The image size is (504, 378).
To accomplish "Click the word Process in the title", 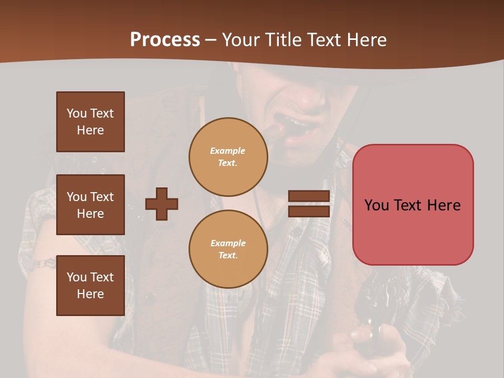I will click(165, 40).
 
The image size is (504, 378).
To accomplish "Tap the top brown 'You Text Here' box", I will click(90, 122).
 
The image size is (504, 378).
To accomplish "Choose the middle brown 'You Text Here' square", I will click(90, 205).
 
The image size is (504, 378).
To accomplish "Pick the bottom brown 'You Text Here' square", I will click(90, 286).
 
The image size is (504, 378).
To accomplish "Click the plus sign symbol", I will click(162, 204).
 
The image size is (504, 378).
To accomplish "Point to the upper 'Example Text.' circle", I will click(228, 157).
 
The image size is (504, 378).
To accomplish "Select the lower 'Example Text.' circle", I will click(228, 249).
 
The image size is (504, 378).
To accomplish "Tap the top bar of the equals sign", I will click(309, 196).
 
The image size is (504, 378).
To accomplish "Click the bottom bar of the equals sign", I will click(309, 211).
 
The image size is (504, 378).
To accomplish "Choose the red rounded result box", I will click(413, 205).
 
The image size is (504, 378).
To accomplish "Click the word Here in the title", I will click(367, 40).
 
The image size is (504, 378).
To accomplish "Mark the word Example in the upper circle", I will click(228, 151).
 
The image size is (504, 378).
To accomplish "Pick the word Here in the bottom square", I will click(90, 294).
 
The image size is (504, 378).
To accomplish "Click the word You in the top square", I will click(77, 113).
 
